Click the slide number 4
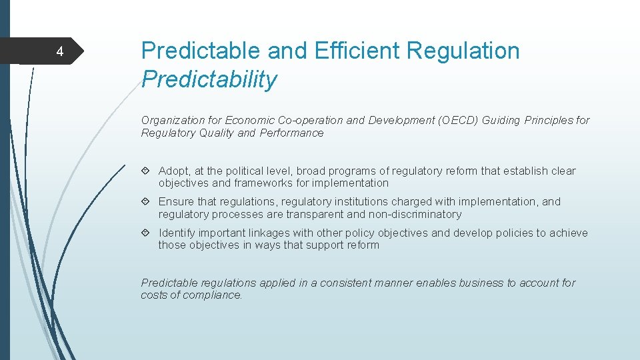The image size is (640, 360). click(x=59, y=52)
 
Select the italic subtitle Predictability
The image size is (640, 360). click(x=209, y=80)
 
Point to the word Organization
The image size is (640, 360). click(x=173, y=121)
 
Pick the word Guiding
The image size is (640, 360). click(x=501, y=121)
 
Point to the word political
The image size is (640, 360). click(x=239, y=171)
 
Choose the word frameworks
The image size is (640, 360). click(x=265, y=183)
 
